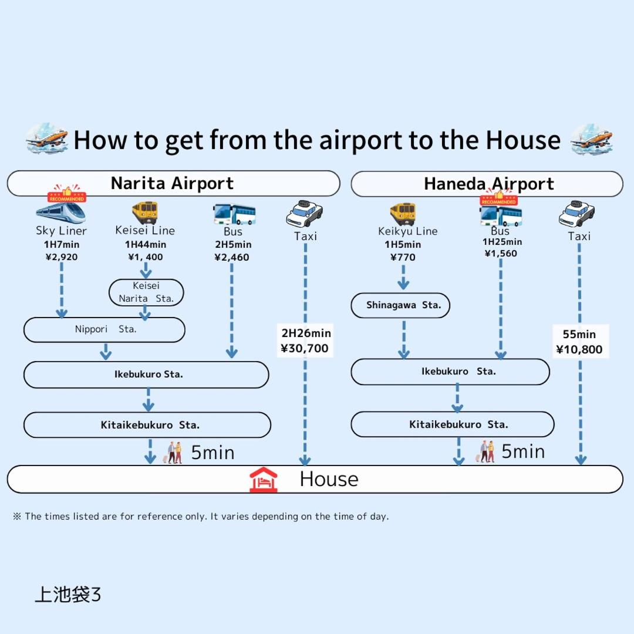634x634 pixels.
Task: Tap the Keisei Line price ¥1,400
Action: click(146, 257)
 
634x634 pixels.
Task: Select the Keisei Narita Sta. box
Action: click(146, 292)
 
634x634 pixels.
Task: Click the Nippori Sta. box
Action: click(104, 330)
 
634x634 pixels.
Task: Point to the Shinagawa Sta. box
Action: click(400, 305)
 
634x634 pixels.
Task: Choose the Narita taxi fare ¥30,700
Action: click(305, 349)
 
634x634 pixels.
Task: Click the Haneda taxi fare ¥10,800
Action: click(579, 350)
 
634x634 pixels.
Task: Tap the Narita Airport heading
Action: click(173, 184)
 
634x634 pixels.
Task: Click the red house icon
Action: click(263, 480)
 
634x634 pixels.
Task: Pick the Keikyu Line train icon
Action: click(403, 214)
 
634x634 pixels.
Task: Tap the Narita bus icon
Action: click(234, 214)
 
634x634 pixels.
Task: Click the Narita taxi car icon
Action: click(304, 214)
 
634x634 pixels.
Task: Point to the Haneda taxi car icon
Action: click(576, 214)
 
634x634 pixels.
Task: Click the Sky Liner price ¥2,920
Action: click(62, 257)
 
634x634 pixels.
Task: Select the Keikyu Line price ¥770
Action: click(403, 257)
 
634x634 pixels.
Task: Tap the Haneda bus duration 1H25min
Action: click(502, 242)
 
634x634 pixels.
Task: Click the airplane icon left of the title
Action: click(47, 140)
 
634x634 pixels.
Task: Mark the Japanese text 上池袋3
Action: click(68, 594)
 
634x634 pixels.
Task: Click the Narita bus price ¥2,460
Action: click(232, 257)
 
